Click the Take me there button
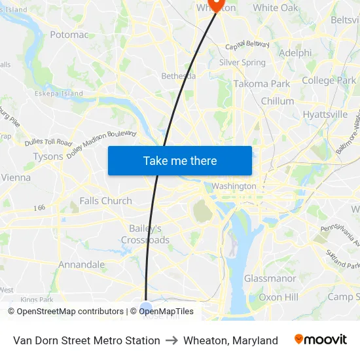tap(180, 160)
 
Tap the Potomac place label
tap(69, 35)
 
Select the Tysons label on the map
tap(48, 157)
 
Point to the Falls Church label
tap(105, 201)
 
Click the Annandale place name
tap(82, 265)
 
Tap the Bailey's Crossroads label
tap(145, 234)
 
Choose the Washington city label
tap(234, 187)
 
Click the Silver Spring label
tap(242, 63)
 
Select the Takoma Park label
tap(262, 84)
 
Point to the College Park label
tap(329, 81)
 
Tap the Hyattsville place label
tap(325, 115)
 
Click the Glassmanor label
tap(270, 279)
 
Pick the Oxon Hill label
tap(278, 298)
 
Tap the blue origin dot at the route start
tap(145, 308)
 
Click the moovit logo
tap(321, 340)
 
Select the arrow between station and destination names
tap(171, 340)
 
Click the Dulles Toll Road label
tap(48, 142)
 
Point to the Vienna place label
tap(16, 177)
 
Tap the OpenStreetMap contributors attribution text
tap(66, 312)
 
